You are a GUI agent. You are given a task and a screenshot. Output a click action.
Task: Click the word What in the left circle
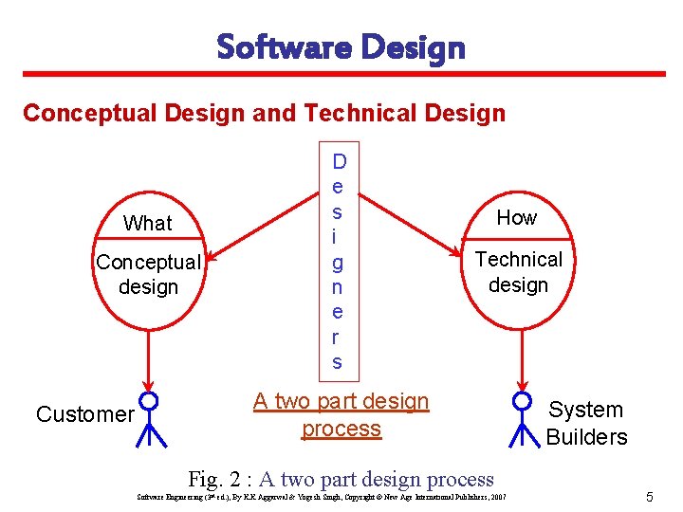(x=148, y=223)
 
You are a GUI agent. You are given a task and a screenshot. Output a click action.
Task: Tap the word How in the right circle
(x=517, y=217)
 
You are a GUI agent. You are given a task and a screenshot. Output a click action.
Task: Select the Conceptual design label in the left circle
(x=148, y=274)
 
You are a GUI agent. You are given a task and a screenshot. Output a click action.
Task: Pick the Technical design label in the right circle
(x=518, y=272)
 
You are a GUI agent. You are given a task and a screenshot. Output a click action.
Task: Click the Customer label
(x=84, y=414)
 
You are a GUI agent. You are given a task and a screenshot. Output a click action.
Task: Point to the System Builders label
(x=586, y=423)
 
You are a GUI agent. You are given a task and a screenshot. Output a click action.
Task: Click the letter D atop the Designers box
(x=339, y=162)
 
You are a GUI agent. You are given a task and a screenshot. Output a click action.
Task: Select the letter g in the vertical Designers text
(x=338, y=263)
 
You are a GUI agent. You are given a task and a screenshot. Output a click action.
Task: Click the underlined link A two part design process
(x=341, y=414)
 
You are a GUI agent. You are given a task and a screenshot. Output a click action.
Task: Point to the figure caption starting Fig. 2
(x=341, y=480)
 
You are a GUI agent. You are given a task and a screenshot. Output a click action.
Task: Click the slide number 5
(x=649, y=496)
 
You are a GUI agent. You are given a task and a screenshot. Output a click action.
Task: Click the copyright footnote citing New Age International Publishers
(x=322, y=497)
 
